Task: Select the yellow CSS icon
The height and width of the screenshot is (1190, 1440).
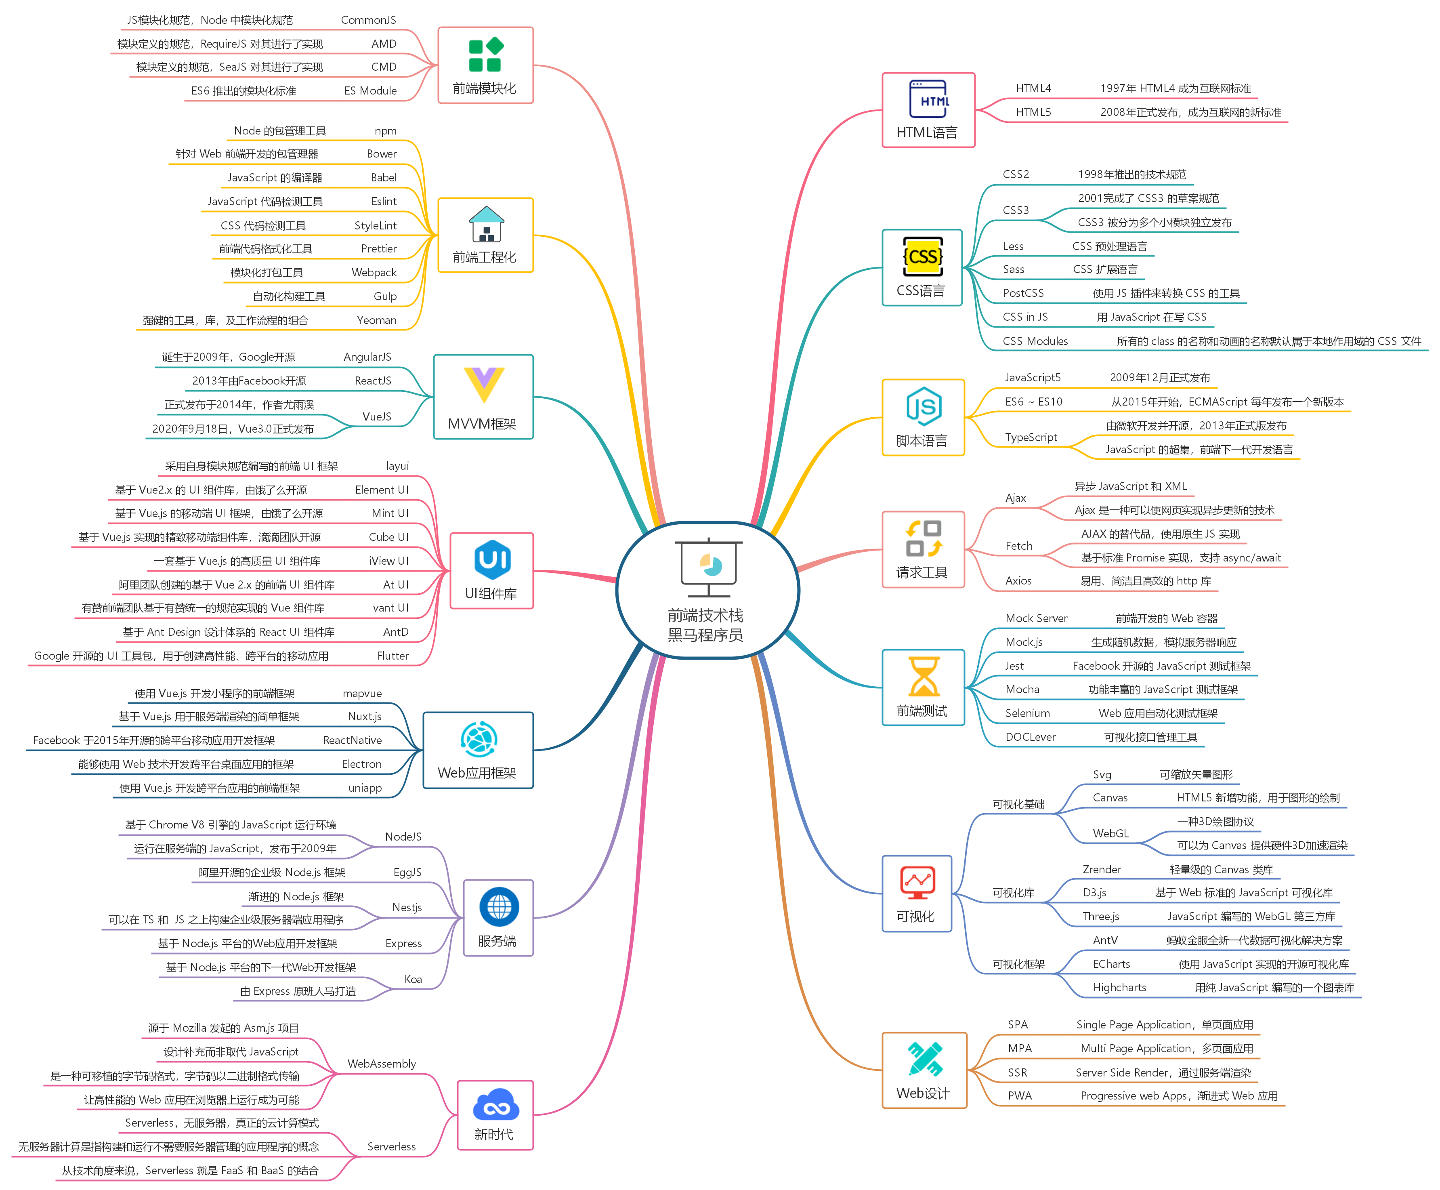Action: click(923, 257)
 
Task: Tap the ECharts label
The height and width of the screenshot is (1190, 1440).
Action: click(1110, 964)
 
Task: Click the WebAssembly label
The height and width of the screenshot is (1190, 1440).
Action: click(381, 1064)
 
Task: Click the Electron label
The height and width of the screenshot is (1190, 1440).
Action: click(361, 764)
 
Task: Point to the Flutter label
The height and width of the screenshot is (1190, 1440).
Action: click(393, 656)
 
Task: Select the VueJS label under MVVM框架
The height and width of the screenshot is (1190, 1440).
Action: click(376, 417)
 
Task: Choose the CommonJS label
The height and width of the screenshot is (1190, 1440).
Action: click(368, 20)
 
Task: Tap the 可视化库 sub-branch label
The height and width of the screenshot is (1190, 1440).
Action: click(1013, 893)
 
